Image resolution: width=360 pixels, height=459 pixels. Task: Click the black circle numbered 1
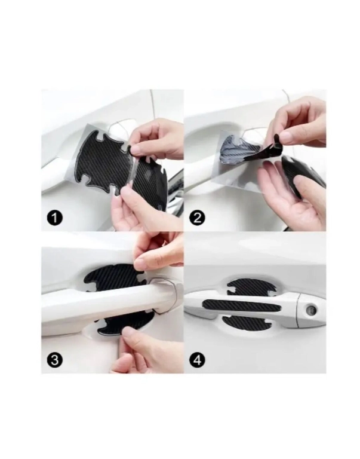pos(55,218)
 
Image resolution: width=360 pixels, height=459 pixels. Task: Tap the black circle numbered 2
pos(198,218)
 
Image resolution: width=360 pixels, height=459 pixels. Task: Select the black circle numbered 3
pos(55,359)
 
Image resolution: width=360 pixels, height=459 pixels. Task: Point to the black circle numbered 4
pos(198,359)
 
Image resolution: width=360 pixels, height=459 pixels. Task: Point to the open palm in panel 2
pos(281,199)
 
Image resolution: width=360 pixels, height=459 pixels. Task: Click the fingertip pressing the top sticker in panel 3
pos(141,264)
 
